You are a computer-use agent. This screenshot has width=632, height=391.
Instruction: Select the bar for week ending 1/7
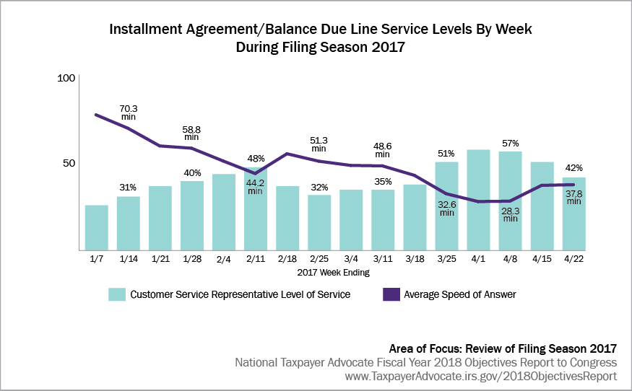[x=96, y=227]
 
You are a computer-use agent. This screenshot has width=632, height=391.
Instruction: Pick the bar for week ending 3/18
[x=415, y=216]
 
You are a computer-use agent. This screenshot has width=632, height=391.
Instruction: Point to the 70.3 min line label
[x=128, y=113]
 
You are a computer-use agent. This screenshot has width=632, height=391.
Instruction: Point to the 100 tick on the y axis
[x=66, y=78]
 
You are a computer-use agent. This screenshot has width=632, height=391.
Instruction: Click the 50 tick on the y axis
[x=69, y=163]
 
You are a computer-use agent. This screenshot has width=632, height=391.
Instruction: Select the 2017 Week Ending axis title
[x=334, y=273]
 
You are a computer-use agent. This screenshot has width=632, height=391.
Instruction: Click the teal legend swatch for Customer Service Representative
[x=116, y=294]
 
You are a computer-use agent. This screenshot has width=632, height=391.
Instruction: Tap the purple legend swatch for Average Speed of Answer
[x=390, y=294]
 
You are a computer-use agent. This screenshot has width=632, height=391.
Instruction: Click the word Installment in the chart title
[x=147, y=30]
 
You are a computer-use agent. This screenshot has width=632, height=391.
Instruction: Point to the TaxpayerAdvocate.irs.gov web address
[x=480, y=376]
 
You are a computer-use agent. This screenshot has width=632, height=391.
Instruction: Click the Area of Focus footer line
[x=503, y=348]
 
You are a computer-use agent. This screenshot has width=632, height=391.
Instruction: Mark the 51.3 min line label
[x=319, y=144]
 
